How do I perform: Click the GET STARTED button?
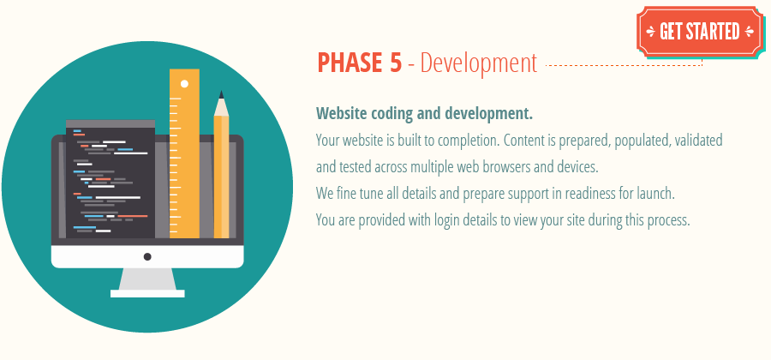pyautogui.click(x=698, y=33)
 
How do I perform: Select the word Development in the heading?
pyautogui.click(x=479, y=63)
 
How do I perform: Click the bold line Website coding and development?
pyautogui.click(x=425, y=113)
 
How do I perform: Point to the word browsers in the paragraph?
pyautogui.click(x=514, y=166)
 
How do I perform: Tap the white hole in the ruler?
pyautogui.click(x=184, y=84)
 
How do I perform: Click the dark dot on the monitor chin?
pyautogui.click(x=147, y=256)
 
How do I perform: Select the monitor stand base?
pyautogui.click(x=147, y=293)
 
